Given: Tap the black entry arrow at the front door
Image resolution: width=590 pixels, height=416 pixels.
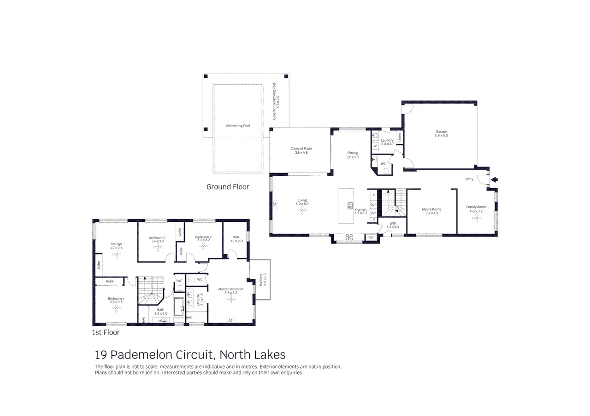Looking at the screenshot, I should [495, 180].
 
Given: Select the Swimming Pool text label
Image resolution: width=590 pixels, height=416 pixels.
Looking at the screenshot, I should [238, 126].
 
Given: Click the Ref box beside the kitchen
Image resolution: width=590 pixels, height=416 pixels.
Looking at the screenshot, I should [371, 237].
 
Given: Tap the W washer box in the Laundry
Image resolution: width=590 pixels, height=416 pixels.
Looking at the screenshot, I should [375, 146].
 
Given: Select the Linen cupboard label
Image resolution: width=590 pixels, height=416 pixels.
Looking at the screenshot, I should [400, 137].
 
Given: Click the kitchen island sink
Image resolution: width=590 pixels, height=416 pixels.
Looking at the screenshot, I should [350, 205].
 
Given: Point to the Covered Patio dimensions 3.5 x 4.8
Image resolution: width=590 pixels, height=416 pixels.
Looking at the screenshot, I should [301, 152].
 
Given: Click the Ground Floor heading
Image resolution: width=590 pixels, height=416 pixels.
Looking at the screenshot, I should [228, 187].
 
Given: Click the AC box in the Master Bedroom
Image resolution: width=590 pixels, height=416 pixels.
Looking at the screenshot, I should [230, 320].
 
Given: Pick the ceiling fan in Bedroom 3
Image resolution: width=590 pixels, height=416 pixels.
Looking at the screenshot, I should [157, 248].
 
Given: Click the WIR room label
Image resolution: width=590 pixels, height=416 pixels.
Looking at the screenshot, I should [234, 237].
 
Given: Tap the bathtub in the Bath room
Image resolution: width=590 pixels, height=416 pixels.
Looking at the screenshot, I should [179, 305].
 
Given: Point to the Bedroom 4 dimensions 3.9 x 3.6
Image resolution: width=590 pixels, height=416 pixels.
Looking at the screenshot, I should [116, 302].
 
